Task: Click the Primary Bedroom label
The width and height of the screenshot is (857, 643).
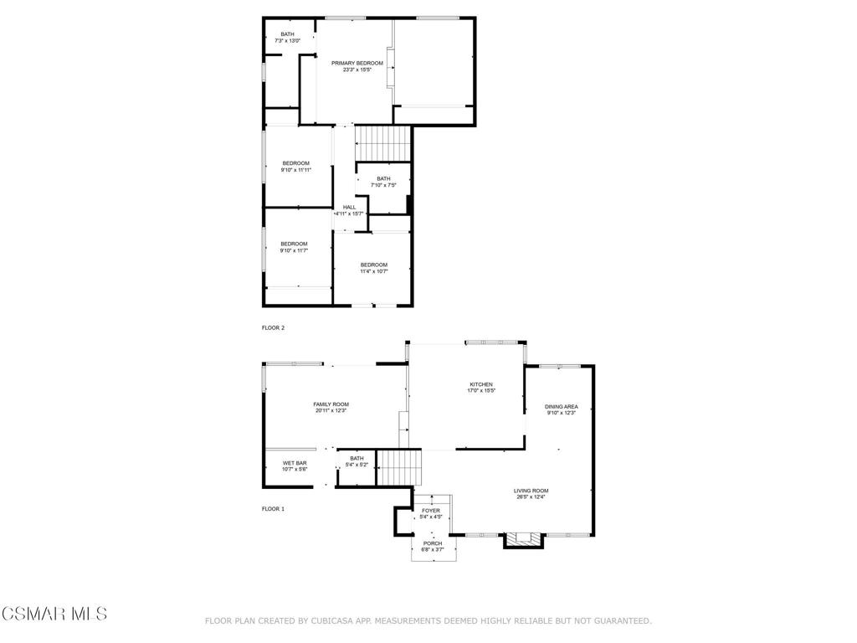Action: (357, 66)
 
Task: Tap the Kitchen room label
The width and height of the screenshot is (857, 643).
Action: (481, 388)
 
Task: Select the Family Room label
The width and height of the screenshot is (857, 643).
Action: (331, 408)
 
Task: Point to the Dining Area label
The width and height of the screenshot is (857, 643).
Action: (562, 409)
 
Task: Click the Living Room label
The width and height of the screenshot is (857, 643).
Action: (531, 494)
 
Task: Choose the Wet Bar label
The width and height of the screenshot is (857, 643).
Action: (295, 466)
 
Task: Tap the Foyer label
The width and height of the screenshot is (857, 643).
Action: (431, 513)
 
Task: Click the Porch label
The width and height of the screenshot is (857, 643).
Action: (433, 546)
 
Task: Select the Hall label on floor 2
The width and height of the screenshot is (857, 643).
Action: (349, 210)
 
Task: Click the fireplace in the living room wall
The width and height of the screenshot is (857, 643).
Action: (524, 540)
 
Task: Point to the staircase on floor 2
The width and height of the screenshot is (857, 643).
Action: (382, 144)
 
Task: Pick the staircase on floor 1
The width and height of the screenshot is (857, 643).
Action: (400, 467)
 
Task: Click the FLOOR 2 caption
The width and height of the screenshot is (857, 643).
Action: (274, 328)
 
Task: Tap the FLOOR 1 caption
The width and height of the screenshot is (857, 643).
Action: (274, 509)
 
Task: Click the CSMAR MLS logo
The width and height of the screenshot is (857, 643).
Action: (54, 614)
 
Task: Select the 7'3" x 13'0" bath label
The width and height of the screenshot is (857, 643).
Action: (288, 37)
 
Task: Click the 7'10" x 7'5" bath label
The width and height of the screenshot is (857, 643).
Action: (383, 182)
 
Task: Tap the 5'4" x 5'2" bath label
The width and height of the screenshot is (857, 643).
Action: (357, 461)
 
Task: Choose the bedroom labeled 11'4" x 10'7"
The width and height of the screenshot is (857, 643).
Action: (374, 268)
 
